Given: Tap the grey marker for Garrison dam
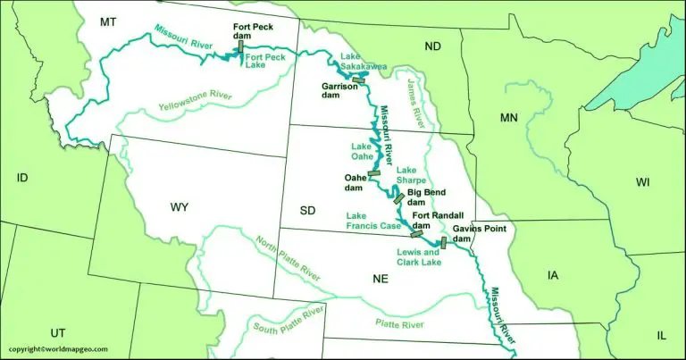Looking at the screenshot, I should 360,80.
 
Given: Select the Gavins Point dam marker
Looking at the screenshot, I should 443,242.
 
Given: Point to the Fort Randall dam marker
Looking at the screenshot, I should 416,234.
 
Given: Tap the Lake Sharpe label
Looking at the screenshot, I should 407,175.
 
